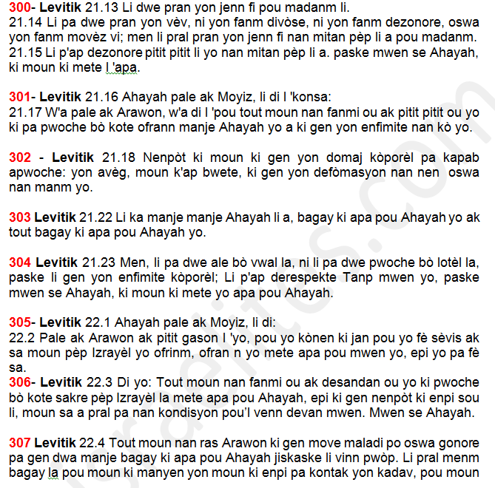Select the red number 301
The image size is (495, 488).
[x=19, y=96]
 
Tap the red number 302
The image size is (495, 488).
[x=20, y=157]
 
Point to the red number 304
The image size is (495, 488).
[x=20, y=263]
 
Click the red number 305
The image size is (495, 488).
[x=19, y=322]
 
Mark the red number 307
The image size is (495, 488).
[x=20, y=443]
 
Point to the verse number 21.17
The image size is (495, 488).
[x=23, y=112]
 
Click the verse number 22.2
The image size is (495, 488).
[x=19, y=337]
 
